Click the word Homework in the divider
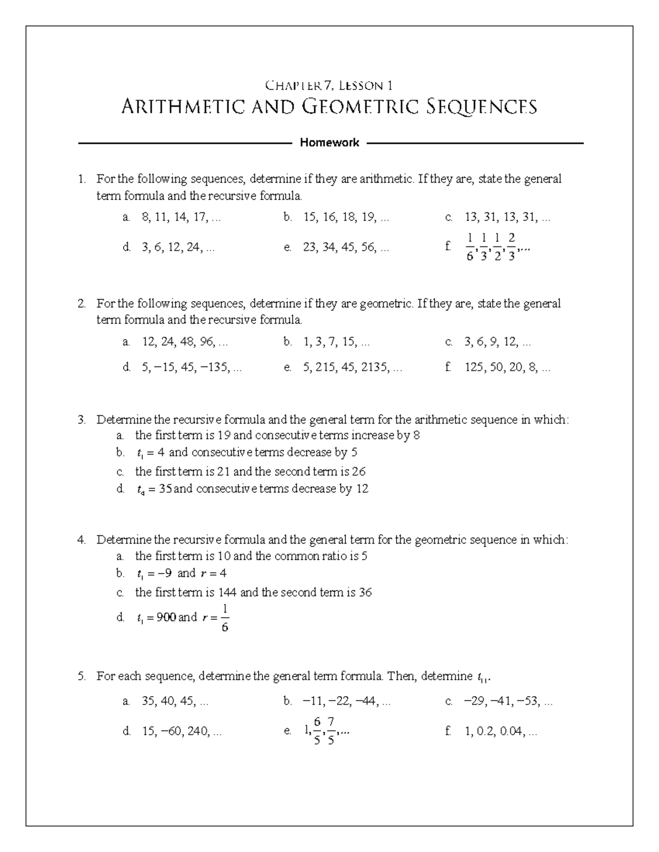click(329, 143)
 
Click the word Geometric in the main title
click(361, 106)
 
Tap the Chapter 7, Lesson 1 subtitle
click(329, 85)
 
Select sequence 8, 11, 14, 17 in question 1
click(181, 217)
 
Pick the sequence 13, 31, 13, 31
click(507, 217)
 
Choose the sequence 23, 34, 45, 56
click(345, 247)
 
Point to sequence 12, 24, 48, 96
click(185, 342)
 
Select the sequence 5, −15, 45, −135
click(192, 368)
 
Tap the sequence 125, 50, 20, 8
click(507, 368)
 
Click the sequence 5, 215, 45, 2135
click(352, 368)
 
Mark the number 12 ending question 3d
click(362, 488)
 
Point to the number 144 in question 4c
click(227, 592)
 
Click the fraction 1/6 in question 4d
click(225, 618)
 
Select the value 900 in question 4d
click(166, 617)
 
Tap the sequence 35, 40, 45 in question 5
click(175, 701)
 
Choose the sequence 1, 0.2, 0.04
click(500, 731)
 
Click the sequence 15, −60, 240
click(181, 731)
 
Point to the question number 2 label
click(81, 303)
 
